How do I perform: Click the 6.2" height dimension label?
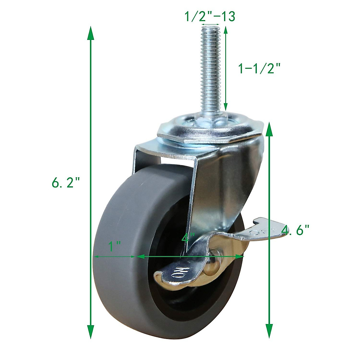pos(66,183)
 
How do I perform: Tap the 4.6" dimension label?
pos(295,230)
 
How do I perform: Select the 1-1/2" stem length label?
pos(259,69)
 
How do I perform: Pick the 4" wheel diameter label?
pos(188,238)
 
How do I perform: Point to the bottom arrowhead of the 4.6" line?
pos(269,327)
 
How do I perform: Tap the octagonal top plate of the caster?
pos(210,132)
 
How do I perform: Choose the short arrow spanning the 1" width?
pos(114,257)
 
